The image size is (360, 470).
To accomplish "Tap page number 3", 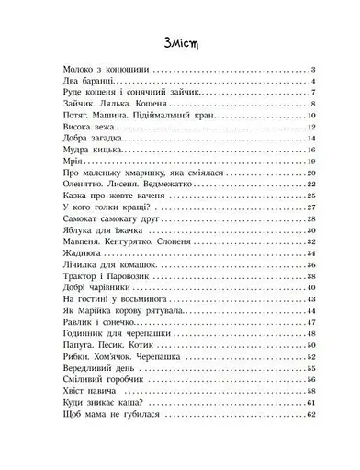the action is click(313, 70).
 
